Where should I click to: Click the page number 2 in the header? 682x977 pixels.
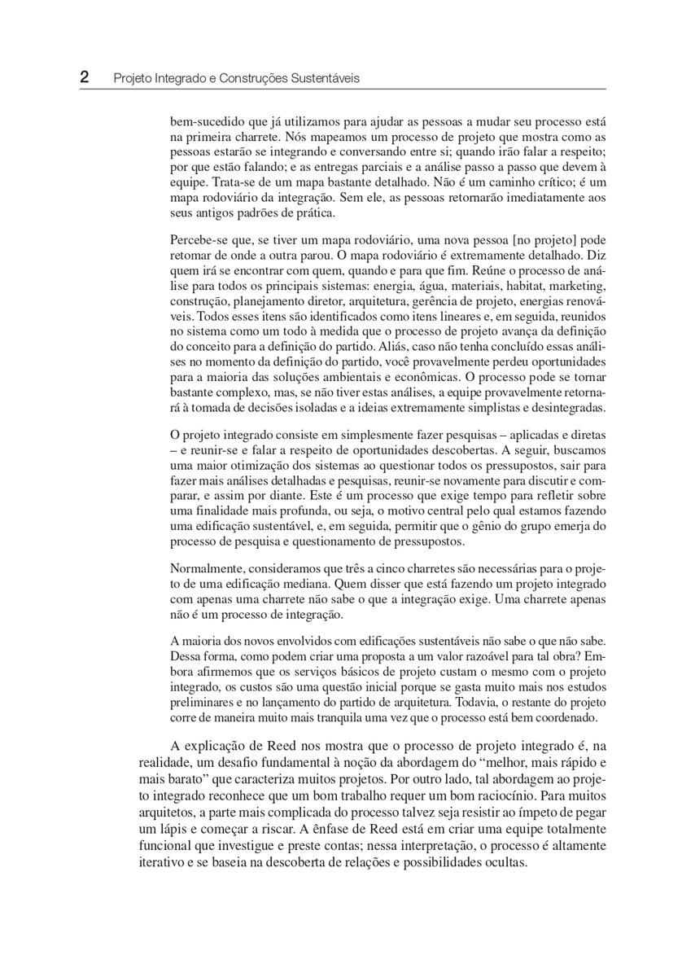point(84,77)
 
